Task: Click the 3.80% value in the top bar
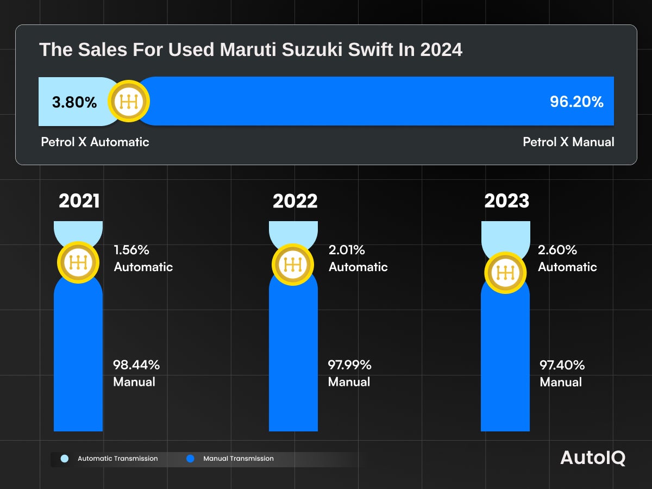74,102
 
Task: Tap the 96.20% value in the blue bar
576,102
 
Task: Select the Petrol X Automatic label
95,142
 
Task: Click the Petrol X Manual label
568,142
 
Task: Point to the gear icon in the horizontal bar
129,101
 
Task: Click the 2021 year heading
79,201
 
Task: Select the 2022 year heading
295,201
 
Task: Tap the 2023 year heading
506,201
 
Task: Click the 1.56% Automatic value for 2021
131,250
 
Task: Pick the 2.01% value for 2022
347,250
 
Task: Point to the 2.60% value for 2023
557,250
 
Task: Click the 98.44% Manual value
136,365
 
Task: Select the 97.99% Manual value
350,365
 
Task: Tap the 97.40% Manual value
562,365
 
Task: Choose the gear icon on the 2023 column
505,272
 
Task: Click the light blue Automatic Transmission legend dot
65,459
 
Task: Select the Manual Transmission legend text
239,459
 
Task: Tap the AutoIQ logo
593,457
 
